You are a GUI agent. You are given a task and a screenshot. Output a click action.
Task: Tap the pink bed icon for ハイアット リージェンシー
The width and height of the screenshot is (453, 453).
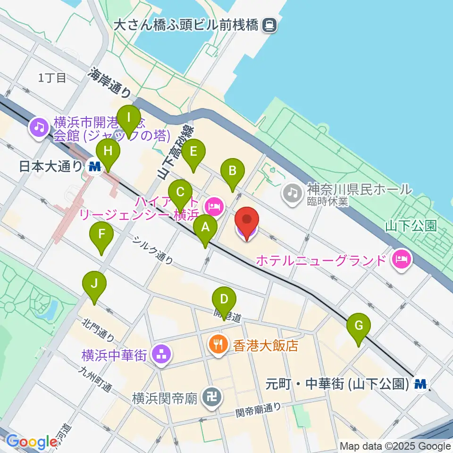point(214,206)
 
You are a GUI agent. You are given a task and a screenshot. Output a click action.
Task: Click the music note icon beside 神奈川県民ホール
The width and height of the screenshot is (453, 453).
point(293,191)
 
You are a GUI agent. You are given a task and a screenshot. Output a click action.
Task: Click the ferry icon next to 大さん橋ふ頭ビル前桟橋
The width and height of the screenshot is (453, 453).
point(270,24)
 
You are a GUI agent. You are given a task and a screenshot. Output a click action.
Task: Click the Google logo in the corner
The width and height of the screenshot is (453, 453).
point(32,442)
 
